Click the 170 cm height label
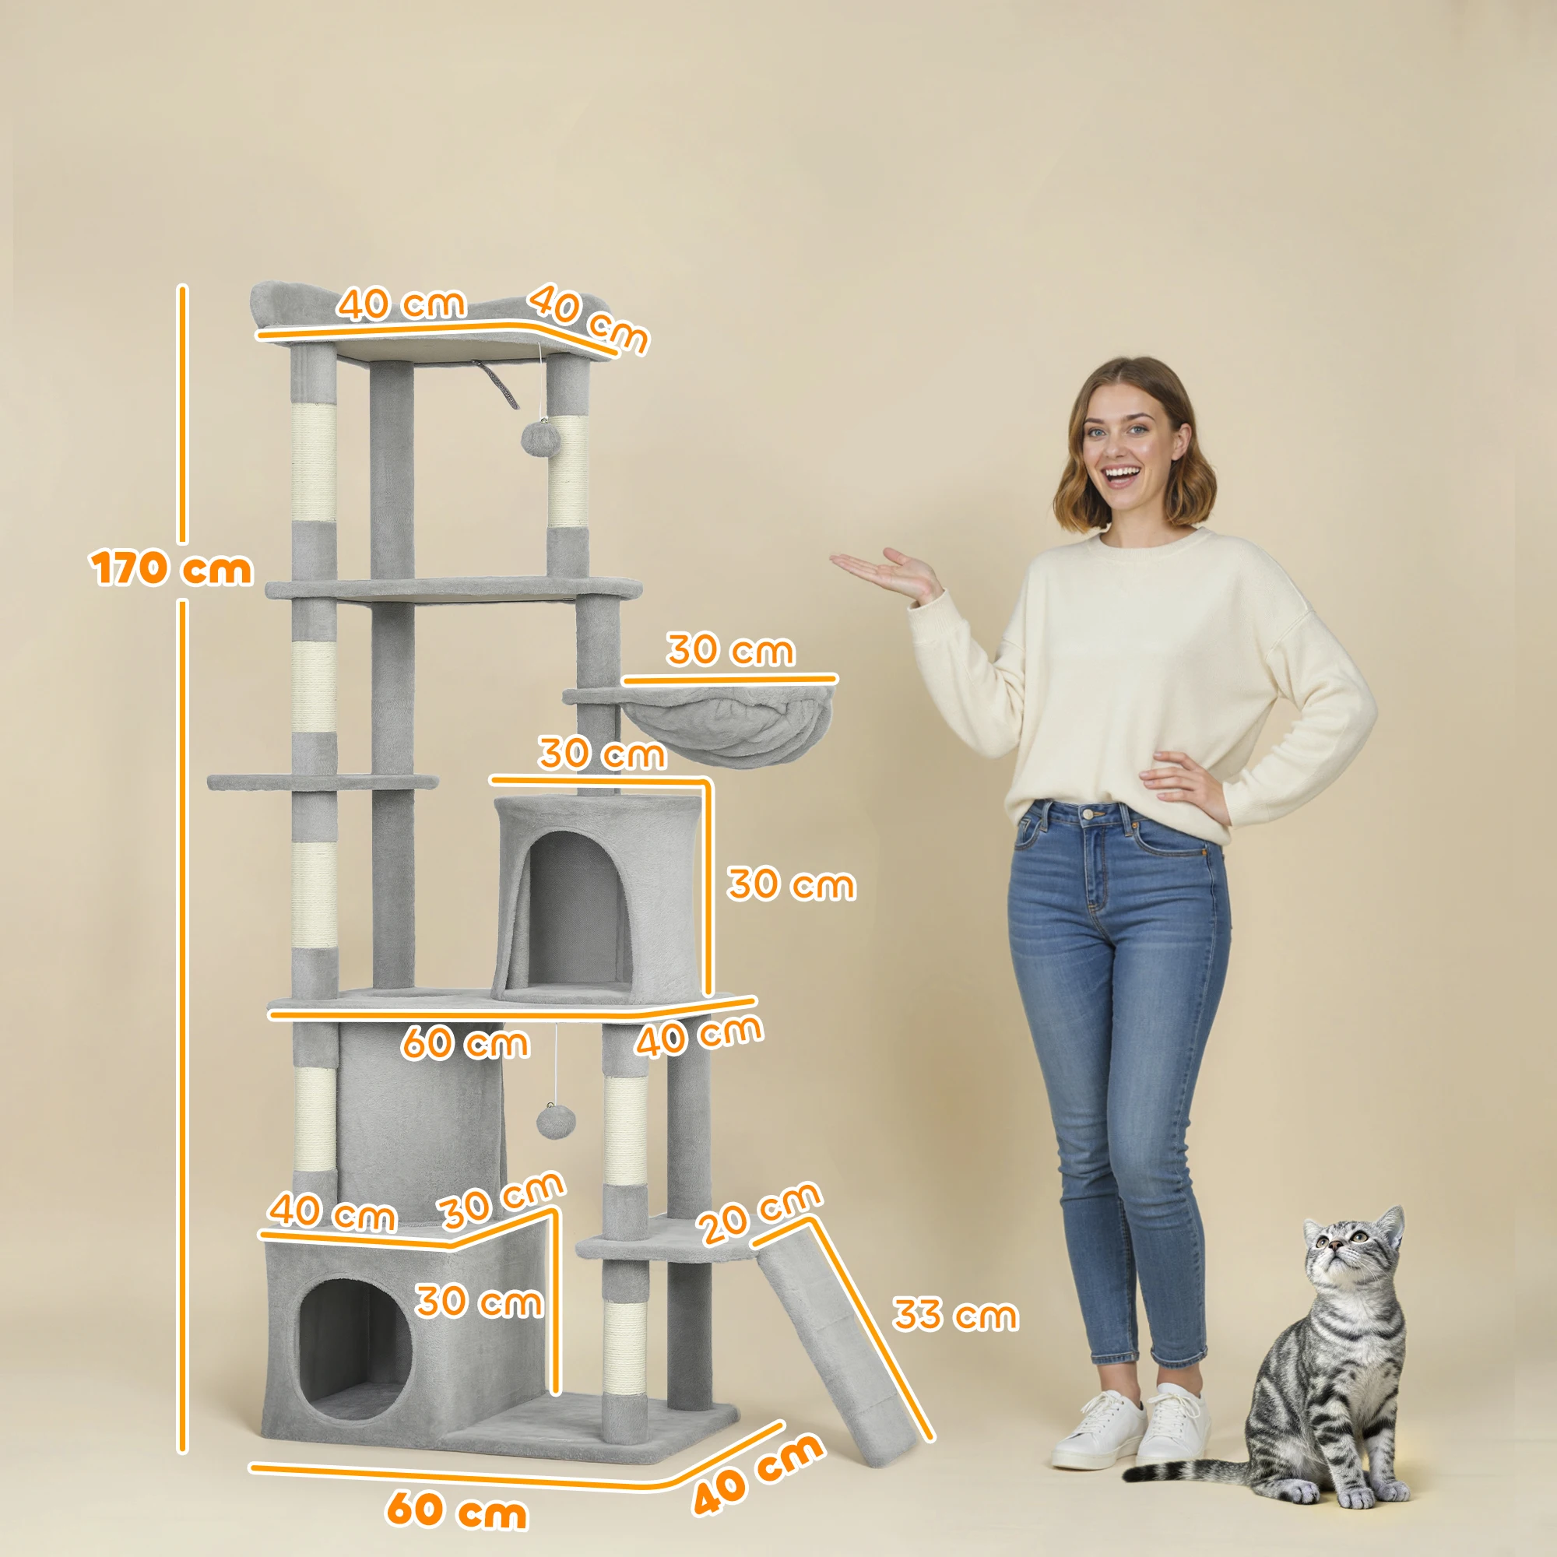pyautogui.click(x=170, y=569)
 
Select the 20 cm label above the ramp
pyautogui.click(x=758, y=1213)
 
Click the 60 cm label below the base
pyautogui.click(x=456, y=1510)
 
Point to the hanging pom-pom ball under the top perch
pyautogui.click(x=535, y=438)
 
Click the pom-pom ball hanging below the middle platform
pyautogui.click(x=554, y=1121)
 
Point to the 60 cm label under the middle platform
pyautogui.click(x=465, y=1043)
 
